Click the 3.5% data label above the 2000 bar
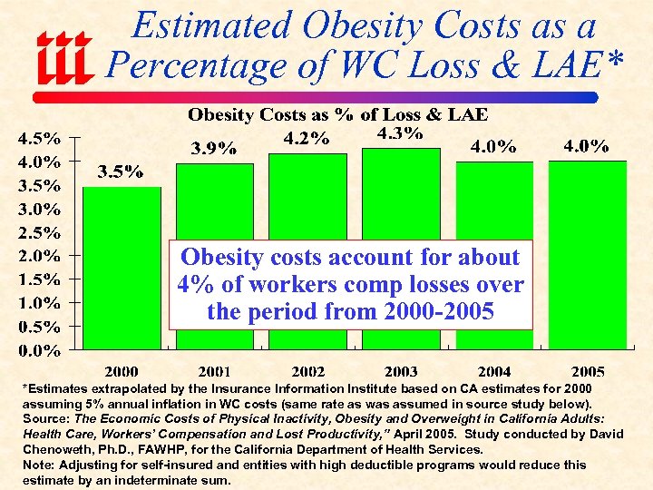pos(121,173)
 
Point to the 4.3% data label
pos(400,133)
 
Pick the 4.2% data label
pos(307,140)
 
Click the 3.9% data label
pos(213,148)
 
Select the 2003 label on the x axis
pos(401,371)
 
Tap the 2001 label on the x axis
pos(214,371)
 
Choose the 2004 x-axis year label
pos(494,371)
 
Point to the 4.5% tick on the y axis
pos(39,140)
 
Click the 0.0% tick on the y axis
pos(39,349)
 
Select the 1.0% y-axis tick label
pos(39,303)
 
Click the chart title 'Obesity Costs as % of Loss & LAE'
pos(336,114)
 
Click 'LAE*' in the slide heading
pos(578,65)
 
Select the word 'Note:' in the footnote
pos(38,465)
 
